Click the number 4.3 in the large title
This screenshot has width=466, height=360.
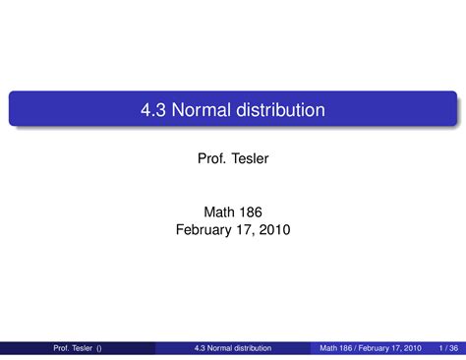(x=154, y=110)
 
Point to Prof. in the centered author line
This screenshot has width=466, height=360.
(x=211, y=159)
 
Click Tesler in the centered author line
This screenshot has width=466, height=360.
(x=248, y=159)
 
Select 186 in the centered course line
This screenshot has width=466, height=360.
(x=251, y=211)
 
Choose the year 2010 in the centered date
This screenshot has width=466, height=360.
(x=277, y=229)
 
